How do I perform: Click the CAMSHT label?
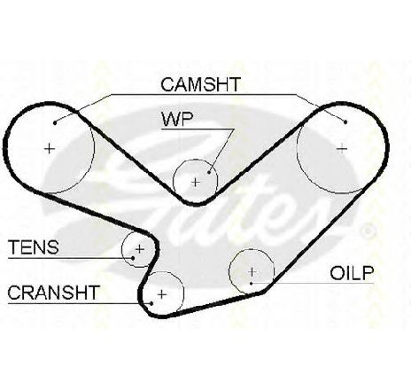coord(201,84)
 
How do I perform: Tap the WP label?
coord(177,119)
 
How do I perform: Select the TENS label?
coord(34,247)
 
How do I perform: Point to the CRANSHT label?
coord(54,293)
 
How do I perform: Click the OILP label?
coord(352,273)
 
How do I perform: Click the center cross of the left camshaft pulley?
coord(50,148)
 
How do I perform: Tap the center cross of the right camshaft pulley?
coord(342,148)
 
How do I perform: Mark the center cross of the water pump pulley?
coord(196,183)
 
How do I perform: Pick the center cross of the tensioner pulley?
coord(139,249)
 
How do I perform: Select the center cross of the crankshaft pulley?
coord(162,294)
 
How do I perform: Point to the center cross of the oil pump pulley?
coord(252,271)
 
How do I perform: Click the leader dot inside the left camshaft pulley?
coord(55,122)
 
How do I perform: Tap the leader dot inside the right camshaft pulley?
coord(345,121)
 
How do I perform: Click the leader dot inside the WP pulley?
coord(209,172)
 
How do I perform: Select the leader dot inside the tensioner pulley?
coord(133,258)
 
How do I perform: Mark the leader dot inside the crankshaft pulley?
coord(151,303)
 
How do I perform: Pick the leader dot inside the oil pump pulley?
coord(251,284)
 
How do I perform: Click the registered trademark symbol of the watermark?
coord(368,231)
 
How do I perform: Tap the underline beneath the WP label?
coord(198,129)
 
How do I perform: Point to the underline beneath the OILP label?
coord(313,284)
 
